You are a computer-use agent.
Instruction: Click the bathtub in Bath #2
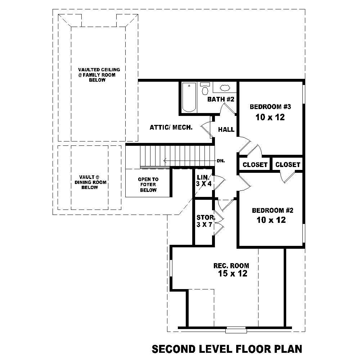click(x=189, y=97)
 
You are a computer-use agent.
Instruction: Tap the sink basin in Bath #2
click(x=225, y=87)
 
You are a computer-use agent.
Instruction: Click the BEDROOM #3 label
click(x=270, y=107)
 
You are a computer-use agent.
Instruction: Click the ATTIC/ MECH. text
click(x=171, y=127)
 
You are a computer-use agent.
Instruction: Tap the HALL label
click(x=226, y=130)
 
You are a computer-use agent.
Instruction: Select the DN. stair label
click(x=221, y=161)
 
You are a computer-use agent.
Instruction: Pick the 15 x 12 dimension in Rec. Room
click(x=232, y=274)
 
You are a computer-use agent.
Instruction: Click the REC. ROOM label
click(x=231, y=266)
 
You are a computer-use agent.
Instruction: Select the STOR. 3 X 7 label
click(x=206, y=221)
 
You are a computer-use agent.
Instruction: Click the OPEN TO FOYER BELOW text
click(x=148, y=185)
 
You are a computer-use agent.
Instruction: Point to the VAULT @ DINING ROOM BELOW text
click(x=89, y=182)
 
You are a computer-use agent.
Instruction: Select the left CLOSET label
click(x=255, y=165)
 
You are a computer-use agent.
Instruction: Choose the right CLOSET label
click(x=288, y=165)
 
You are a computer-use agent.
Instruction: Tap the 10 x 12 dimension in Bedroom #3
click(x=270, y=117)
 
